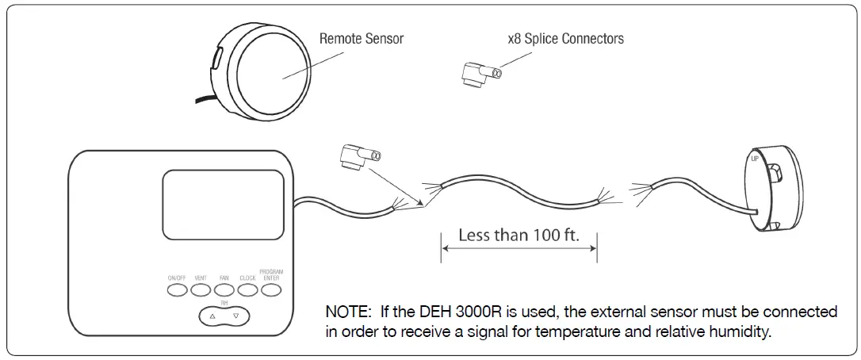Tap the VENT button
coord(201,290)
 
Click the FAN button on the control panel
coord(224,290)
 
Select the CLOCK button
coord(247,290)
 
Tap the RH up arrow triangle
coord(212,316)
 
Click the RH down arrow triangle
coord(235,316)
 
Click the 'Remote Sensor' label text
coord(361,38)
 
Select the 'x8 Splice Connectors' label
coord(565,38)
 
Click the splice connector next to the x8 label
coord(480,74)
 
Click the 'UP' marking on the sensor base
coord(755,159)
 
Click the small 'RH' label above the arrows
coord(224,303)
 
